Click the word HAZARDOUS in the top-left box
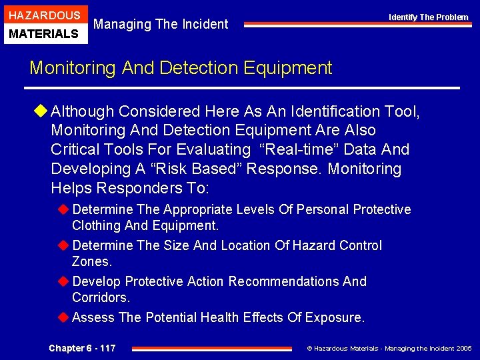coord(44,15)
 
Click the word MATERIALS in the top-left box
coord(44,33)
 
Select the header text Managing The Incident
coord(161,25)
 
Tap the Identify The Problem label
coord(429,17)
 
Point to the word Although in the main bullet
coord(85,111)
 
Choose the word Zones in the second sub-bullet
coord(90,262)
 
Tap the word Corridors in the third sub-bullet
coord(99,298)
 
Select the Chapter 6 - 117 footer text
coord(82,348)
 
